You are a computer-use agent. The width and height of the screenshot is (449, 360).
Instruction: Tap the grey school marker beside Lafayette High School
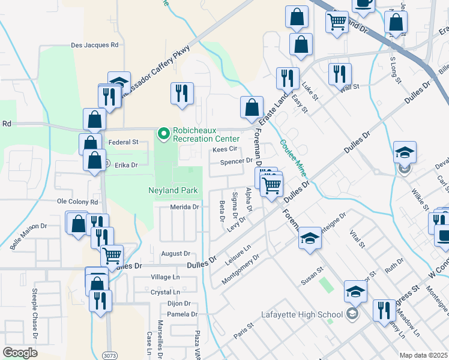tap(352, 314)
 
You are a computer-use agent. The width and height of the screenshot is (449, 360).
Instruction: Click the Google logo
tap(20, 353)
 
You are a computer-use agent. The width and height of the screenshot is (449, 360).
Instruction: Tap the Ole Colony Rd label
tap(77, 202)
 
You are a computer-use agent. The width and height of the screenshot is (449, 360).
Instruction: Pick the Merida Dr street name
tap(184, 207)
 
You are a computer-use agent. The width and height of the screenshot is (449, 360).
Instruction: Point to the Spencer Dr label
tap(236, 161)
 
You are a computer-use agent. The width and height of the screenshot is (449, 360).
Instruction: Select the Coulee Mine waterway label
tap(292, 158)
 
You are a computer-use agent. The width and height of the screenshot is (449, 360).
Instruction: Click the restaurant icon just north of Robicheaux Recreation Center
tap(181, 94)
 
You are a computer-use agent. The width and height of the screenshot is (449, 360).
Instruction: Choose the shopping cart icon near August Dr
tap(112, 256)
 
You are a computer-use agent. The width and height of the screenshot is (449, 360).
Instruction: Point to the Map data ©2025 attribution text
tap(423, 355)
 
